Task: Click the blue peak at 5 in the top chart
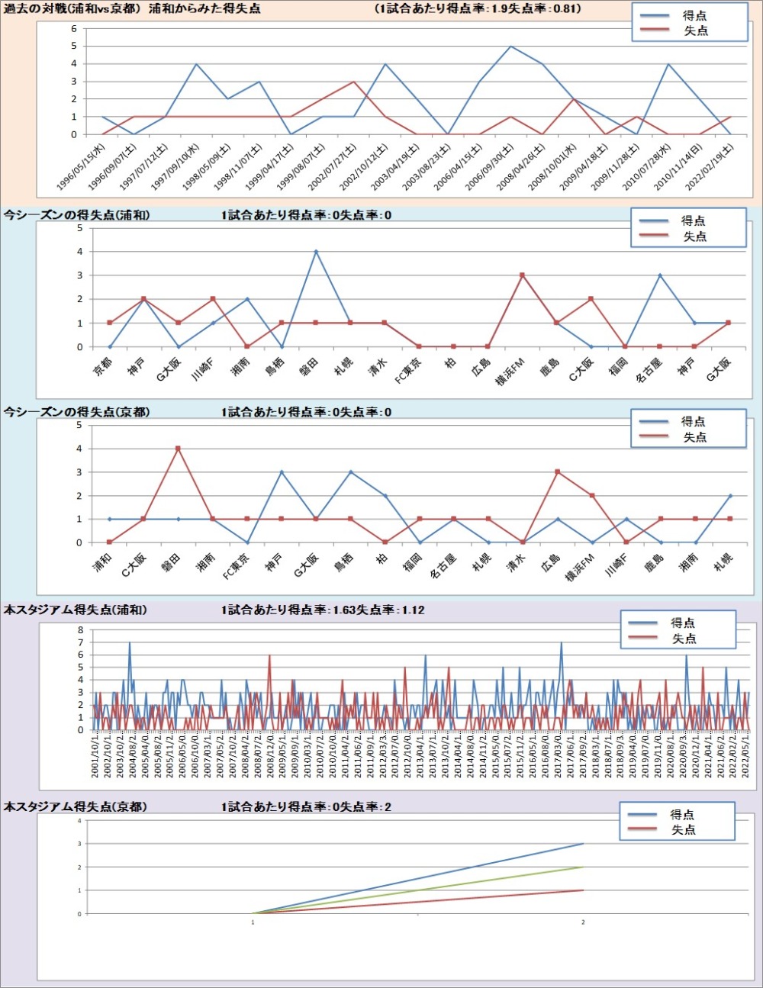(x=510, y=46)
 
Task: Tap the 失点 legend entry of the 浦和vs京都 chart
(x=695, y=31)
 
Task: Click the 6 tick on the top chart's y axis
(x=74, y=29)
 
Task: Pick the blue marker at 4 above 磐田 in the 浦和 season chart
(x=316, y=252)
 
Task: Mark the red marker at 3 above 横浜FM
(x=522, y=275)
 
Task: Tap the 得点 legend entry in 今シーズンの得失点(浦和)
(x=694, y=220)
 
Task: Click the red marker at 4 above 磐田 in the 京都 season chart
(x=178, y=449)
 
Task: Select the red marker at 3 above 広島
(x=558, y=472)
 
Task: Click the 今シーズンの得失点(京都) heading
(x=76, y=412)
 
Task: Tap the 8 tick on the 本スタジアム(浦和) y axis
(x=80, y=630)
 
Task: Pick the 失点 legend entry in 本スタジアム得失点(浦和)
(x=684, y=639)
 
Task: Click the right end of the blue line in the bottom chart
(x=583, y=844)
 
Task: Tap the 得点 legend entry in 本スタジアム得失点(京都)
(x=682, y=815)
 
